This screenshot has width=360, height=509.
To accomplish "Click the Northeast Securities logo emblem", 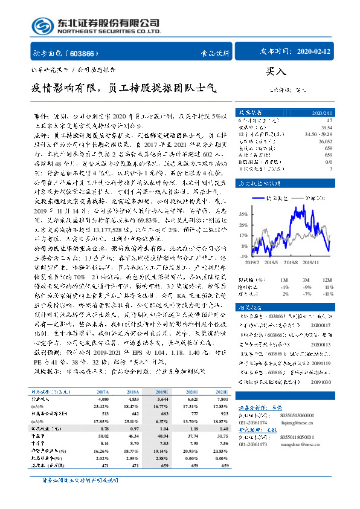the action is point(42,26).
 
